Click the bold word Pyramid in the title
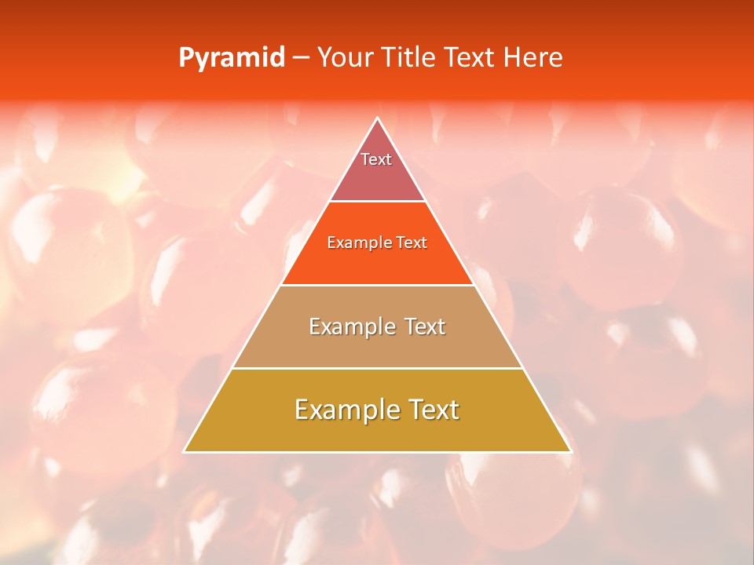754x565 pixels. pyautogui.click(x=231, y=58)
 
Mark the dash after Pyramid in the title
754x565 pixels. pyautogui.click(x=300, y=58)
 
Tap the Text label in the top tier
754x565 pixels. pyautogui.click(x=376, y=159)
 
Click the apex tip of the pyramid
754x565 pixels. pyautogui.click(x=378, y=118)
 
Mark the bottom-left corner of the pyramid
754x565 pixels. pyautogui.click(x=185, y=451)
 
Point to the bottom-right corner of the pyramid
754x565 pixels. pyautogui.click(x=570, y=451)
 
